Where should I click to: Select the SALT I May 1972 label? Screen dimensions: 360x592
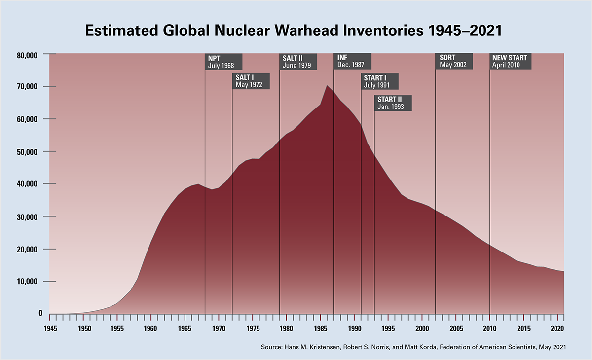251,81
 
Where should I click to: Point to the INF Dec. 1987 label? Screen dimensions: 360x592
352,61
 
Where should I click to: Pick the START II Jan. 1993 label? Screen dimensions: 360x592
393,103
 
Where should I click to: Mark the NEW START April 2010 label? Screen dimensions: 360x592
511,61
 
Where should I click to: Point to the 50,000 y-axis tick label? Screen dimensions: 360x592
28,152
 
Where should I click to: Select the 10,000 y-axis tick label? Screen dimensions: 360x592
28,282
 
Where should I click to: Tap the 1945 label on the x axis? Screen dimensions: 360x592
50,328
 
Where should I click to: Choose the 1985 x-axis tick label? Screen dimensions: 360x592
320,328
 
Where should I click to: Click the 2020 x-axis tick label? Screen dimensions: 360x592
557,328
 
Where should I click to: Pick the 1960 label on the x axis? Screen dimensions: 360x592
151,328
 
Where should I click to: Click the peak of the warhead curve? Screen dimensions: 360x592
327,86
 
